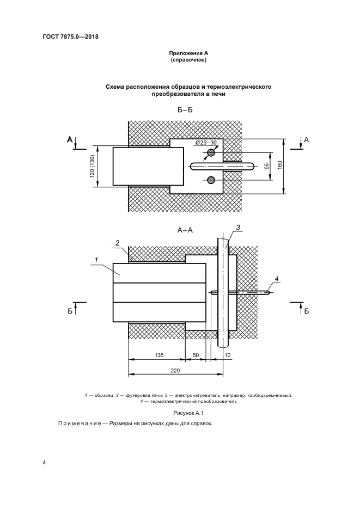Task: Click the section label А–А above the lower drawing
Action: (x=185, y=230)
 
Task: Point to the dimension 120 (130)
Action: (x=93, y=166)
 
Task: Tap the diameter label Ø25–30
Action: (x=205, y=143)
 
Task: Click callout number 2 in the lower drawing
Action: (x=117, y=242)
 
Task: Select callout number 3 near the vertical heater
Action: (x=238, y=228)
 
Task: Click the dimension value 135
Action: (x=158, y=354)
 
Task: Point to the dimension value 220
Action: (x=175, y=370)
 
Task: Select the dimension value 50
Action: (x=196, y=354)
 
